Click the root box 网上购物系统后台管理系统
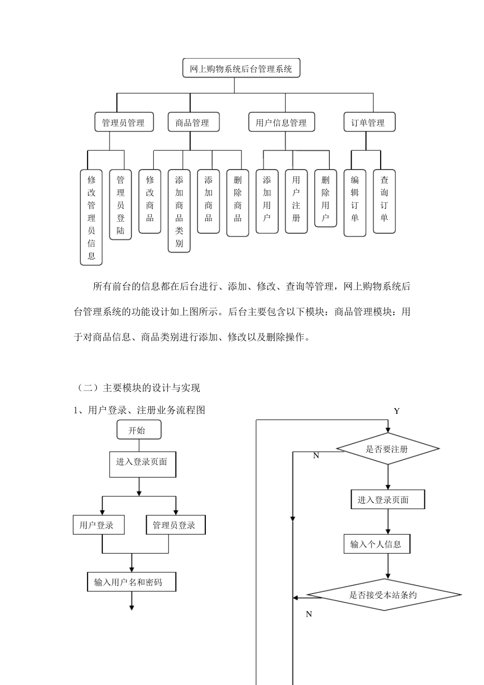coord(241,68)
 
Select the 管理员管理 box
coord(124,122)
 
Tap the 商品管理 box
coord(193,122)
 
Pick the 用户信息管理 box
coord(281,122)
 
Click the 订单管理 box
coord(368,122)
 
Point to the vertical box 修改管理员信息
coord(91,218)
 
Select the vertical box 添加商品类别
coord(179,211)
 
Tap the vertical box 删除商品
coord(238,203)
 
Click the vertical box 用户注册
coord(297,201)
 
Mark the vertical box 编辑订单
coord(355,203)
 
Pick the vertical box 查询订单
coord(384,201)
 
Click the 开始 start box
coord(139,430)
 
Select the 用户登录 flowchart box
coord(98,525)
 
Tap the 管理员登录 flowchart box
coord(175,525)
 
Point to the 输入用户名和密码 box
coord(131,582)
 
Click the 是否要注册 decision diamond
coord(388,449)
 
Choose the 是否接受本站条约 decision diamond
coord(384,595)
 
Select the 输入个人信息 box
coord(377,544)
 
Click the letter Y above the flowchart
coord(397,411)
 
